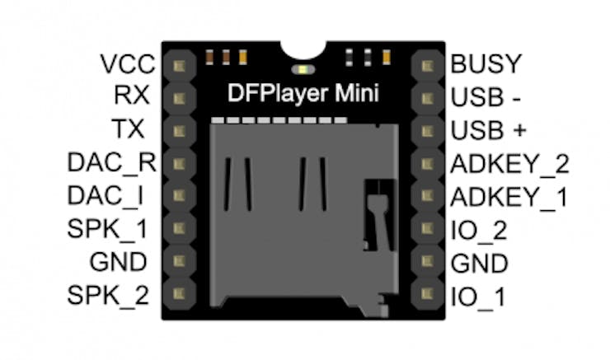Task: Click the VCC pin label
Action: click(x=124, y=63)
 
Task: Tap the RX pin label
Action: click(x=132, y=96)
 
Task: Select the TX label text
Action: click(x=131, y=129)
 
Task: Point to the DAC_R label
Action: click(x=112, y=162)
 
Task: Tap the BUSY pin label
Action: click(x=486, y=63)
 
